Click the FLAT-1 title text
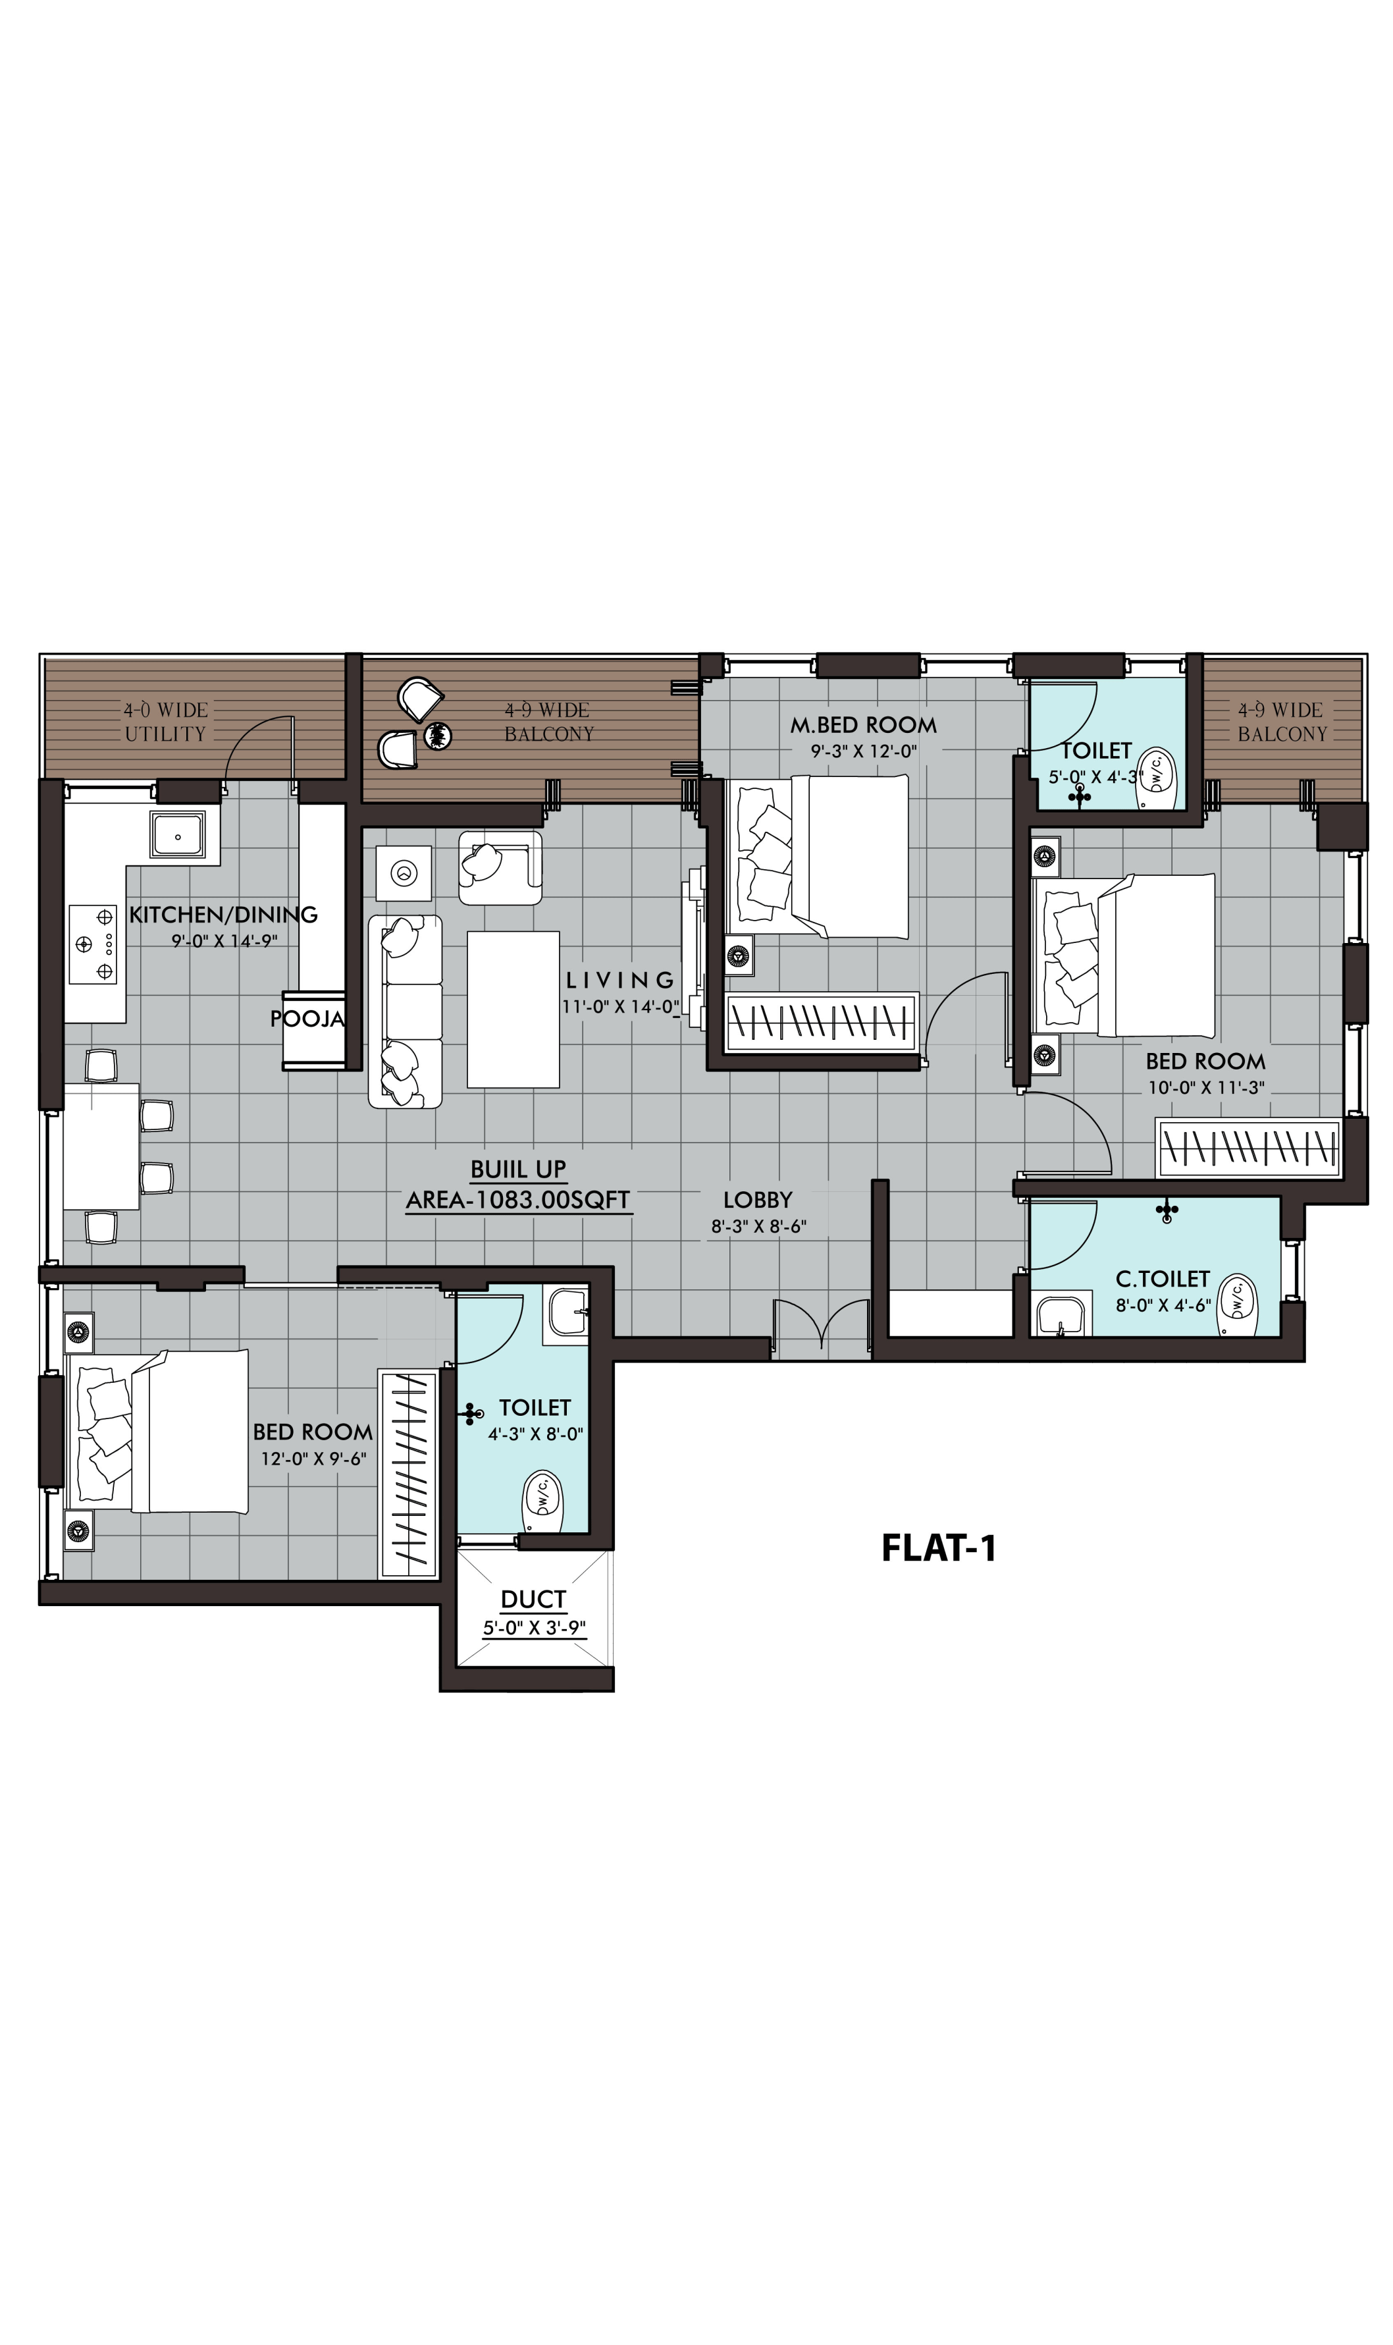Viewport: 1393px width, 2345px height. click(939, 1548)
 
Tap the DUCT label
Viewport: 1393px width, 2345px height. click(533, 1600)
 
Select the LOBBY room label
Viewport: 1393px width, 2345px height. click(758, 1200)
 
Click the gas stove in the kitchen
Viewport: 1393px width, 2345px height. click(95, 944)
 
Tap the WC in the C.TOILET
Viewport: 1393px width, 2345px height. click(1237, 1305)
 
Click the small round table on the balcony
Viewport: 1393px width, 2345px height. click(436, 736)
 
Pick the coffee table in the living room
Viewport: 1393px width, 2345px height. click(513, 1009)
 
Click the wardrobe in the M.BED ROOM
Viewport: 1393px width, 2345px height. click(822, 1021)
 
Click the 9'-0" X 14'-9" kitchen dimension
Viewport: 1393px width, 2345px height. click(224, 940)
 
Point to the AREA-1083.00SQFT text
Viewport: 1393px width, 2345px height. click(518, 1200)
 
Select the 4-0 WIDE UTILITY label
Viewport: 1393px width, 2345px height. click(166, 722)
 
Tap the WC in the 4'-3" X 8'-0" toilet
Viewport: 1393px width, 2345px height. click(542, 1500)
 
